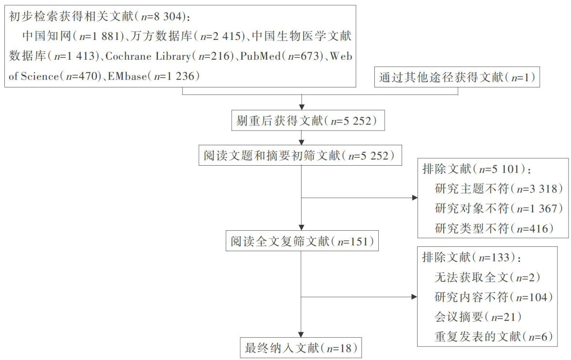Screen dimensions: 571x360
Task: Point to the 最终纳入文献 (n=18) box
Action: click(302, 347)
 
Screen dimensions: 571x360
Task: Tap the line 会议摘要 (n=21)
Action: click(478, 317)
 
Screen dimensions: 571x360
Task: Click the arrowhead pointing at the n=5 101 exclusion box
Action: click(414, 198)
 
